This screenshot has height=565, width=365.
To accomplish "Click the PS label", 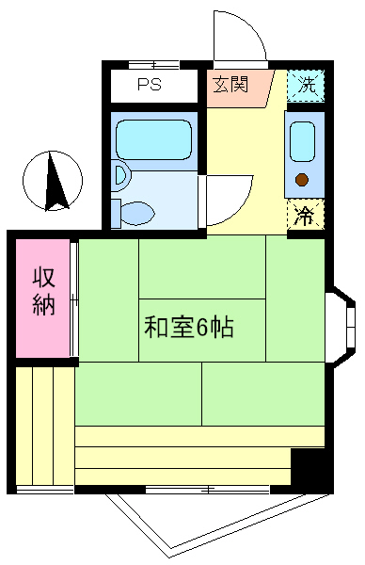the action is [x=150, y=85].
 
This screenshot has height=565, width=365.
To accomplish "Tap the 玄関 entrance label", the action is [x=230, y=85].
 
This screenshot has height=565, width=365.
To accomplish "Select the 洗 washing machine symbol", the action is [x=306, y=86].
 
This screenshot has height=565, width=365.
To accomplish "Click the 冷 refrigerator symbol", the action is [x=306, y=214].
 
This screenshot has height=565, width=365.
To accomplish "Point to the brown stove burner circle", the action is [x=302, y=180].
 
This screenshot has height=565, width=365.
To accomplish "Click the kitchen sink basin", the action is [x=302, y=141].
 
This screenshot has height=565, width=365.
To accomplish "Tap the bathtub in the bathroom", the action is [x=153, y=139].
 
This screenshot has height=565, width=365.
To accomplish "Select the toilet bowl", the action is [x=138, y=214].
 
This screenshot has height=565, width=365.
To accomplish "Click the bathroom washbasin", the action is [x=121, y=175].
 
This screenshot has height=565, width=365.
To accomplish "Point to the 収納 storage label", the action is [x=44, y=292].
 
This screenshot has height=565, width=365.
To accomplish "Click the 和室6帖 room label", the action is [x=189, y=327].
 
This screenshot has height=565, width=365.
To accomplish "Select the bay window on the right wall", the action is [x=343, y=327].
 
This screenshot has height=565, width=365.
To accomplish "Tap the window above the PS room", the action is [x=154, y=65].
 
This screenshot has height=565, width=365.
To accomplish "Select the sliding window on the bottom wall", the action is [x=207, y=490].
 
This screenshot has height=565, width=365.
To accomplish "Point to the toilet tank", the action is [x=116, y=214].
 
